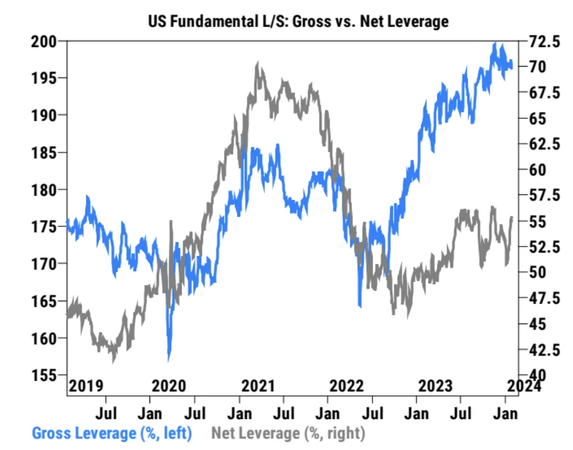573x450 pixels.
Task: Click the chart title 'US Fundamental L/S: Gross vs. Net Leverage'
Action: (x=298, y=22)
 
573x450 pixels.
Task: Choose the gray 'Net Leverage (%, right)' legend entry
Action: (x=288, y=432)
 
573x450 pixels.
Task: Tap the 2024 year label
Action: (x=523, y=385)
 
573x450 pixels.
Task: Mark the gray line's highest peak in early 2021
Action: (x=258, y=62)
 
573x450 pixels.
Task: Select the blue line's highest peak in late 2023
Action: (x=495, y=43)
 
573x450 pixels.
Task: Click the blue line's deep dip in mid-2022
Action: (x=359, y=306)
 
